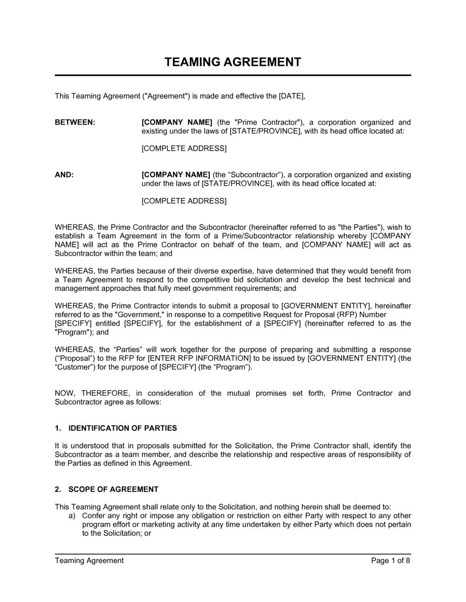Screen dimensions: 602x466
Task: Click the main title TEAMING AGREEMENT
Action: click(x=233, y=62)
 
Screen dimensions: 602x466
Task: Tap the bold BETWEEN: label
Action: click(x=75, y=122)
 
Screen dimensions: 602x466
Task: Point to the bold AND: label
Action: click(x=64, y=175)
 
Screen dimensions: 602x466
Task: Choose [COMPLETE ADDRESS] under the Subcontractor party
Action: click(x=184, y=201)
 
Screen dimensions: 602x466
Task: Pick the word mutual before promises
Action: click(x=239, y=393)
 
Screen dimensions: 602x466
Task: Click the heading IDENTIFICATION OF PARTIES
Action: click(x=123, y=428)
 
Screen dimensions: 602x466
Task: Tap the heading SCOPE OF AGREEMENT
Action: click(x=113, y=490)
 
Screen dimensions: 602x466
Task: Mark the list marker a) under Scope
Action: click(x=72, y=516)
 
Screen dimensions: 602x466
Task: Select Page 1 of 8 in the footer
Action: click(x=391, y=561)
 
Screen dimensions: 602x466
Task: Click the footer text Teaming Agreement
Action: click(x=89, y=561)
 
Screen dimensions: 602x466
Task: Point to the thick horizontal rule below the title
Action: click(x=233, y=75)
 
